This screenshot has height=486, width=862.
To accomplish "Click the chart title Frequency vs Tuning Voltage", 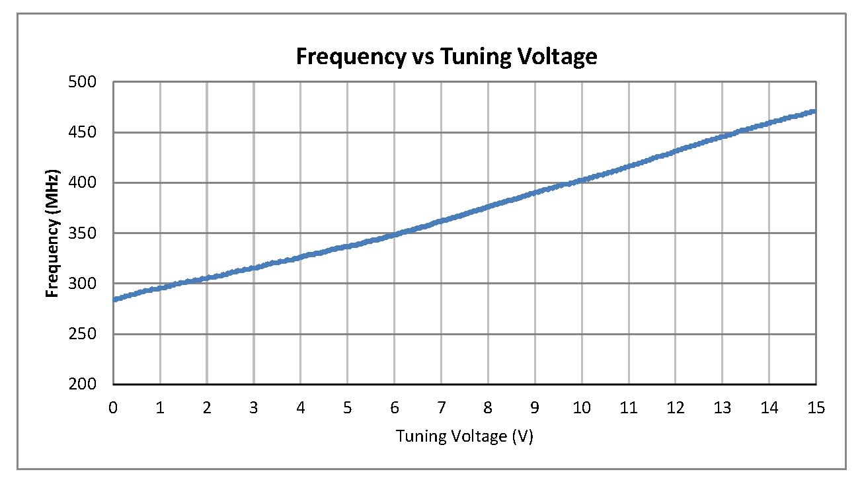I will tap(446, 57).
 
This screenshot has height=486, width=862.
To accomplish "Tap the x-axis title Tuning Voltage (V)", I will tap(464, 436).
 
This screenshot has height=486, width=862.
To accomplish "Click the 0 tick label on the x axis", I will tap(114, 408).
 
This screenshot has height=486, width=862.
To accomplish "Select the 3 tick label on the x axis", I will tap(254, 408).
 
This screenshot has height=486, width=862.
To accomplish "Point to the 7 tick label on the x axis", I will tap(441, 408).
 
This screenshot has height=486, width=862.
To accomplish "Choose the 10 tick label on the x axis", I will tap(582, 408).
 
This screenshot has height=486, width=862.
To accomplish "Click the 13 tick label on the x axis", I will tap(722, 408).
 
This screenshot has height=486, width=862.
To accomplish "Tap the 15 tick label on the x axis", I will tap(816, 408).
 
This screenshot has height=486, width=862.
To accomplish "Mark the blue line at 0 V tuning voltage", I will tap(114, 300).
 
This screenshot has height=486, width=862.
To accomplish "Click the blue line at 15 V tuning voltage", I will tap(815, 111).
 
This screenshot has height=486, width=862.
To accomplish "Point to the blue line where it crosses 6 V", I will tap(395, 234).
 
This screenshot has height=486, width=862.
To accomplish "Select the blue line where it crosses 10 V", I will tap(582, 181).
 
